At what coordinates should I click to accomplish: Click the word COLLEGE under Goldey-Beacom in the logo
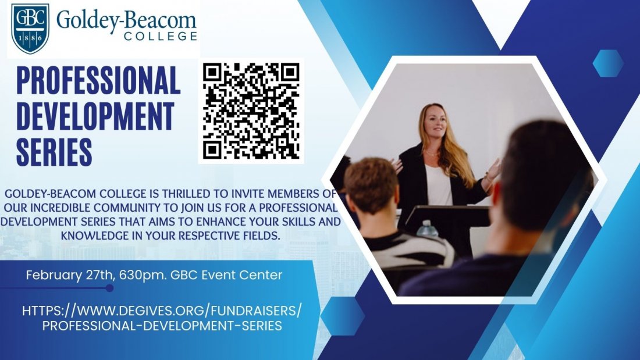tap(161, 37)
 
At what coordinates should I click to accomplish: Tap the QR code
tap(251, 111)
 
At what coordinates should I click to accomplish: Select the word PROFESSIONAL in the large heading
tap(98, 81)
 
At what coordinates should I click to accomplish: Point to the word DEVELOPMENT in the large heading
tap(95, 116)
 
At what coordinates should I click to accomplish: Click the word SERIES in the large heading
tap(54, 151)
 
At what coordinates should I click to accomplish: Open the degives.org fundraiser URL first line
tap(162, 310)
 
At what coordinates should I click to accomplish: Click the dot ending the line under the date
tap(109, 287)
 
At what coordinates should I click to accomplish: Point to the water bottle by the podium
tap(428, 228)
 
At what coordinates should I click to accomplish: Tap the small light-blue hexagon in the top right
tap(609, 63)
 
